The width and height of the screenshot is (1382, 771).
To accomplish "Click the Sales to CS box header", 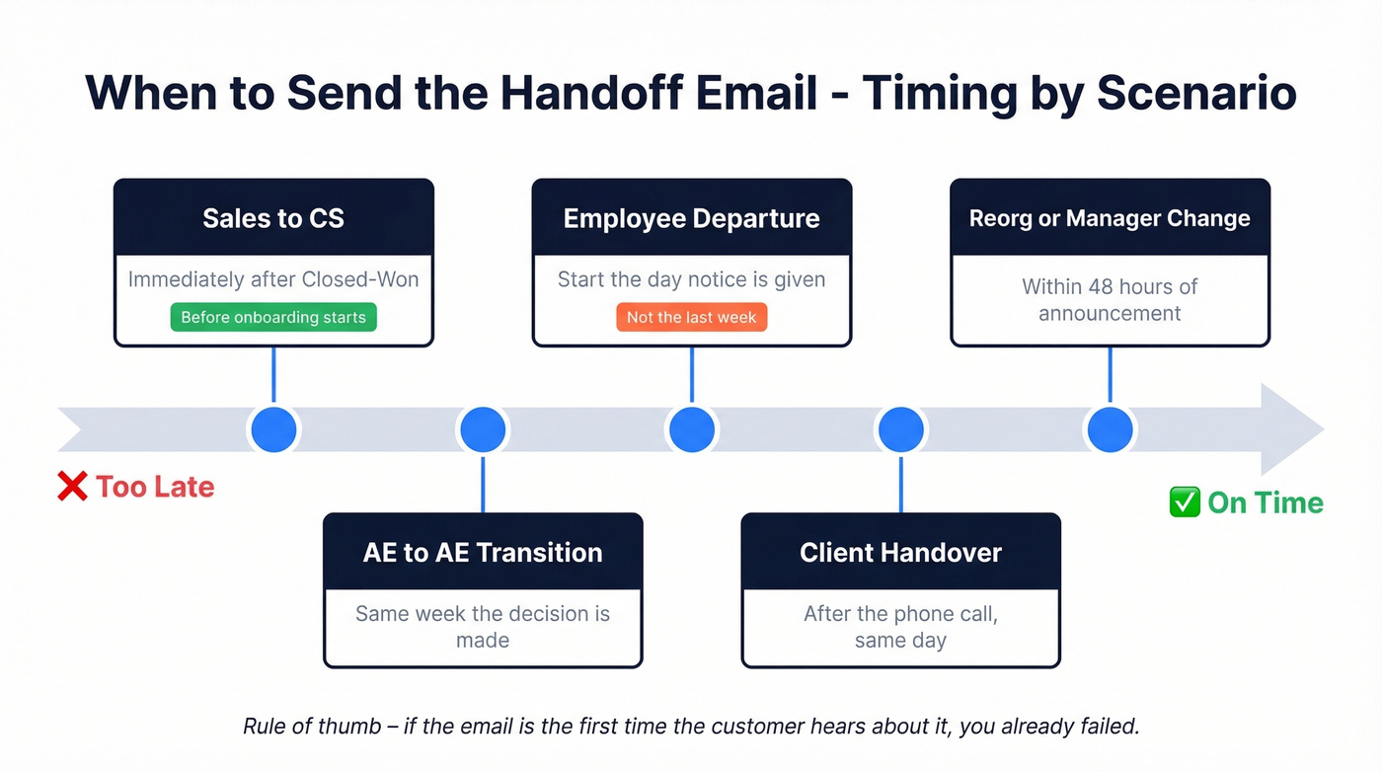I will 273,218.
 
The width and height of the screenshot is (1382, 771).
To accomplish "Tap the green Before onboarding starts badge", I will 273,317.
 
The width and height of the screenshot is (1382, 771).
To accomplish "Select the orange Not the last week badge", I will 691,317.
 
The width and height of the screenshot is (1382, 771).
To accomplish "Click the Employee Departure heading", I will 691,218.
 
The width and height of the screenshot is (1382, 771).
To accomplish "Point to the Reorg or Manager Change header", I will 1110,218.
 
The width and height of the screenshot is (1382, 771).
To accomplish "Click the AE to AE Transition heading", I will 483,552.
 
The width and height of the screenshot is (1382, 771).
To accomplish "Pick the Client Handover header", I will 900,552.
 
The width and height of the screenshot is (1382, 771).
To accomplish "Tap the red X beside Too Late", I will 72,486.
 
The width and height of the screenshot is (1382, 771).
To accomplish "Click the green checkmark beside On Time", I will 1184,502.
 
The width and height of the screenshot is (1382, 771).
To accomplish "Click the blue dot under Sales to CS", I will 273,430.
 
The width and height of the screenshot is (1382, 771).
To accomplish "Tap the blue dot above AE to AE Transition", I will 483,430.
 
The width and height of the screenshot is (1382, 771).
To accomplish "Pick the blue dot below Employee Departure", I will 691,430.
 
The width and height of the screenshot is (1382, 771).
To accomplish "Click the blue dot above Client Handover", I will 900,430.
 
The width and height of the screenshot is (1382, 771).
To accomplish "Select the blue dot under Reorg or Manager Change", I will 1110,430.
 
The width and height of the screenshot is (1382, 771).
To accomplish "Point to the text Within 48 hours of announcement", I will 1110,300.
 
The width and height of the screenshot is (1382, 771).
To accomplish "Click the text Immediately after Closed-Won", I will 273,279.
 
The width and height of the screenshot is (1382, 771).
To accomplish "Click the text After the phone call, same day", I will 900,627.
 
